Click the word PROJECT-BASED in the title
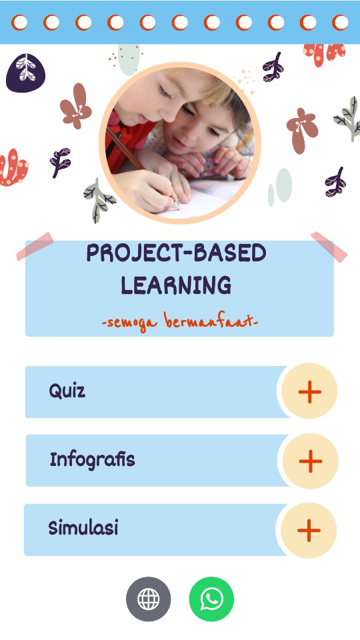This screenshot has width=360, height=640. pyautogui.click(x=176, y=253)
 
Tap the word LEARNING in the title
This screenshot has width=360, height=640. pyautogui.click(x=176, y=285)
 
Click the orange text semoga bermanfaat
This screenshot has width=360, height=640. pyautogui.click(x=179, y=323)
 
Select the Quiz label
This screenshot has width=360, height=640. pyautogui.click(x=67, y=391)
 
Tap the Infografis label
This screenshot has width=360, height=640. pyautogui.click(x=92, y=459)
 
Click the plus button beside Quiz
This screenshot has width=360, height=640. pyautogui.click(x=309, y=391)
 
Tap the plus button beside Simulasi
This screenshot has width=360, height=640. pyautogui.click(x=308, y=530)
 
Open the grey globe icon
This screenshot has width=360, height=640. pyautogui.click(x=148, y=599)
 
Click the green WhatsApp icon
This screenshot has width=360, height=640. pyautogui.click(x=211, y=599)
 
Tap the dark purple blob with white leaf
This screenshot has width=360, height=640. pyautogui.click(x=25, y=72)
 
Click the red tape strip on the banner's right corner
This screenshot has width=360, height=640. pyautogui.click(x=329, y=247)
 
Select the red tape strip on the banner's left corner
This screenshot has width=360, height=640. pyautogui.click(x=35, y=246)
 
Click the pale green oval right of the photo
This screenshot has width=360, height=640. pyautogui.click(x=283, y=185)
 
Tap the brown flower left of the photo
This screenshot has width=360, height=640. pyautogui.click(x=76, y=106)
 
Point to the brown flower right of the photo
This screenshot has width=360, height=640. pyautogui.click(x=301, y=129)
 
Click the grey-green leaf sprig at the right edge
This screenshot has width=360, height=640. pyautogui.click(x=348, y=118)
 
